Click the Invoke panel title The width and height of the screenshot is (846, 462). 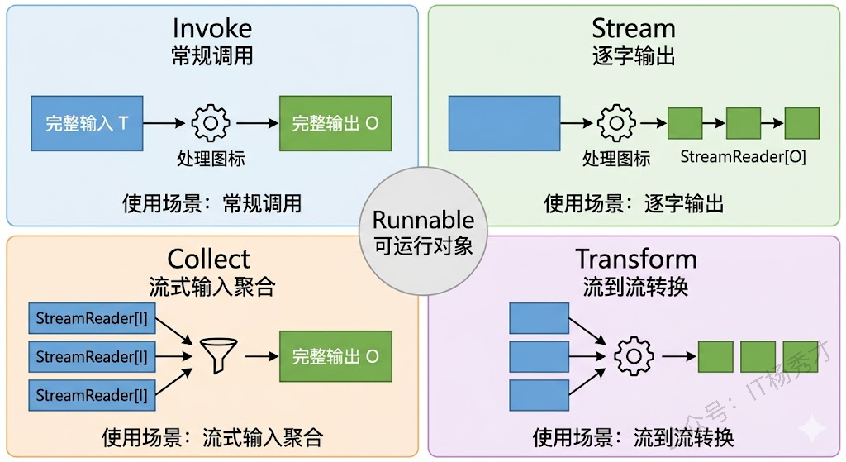click(211, 28)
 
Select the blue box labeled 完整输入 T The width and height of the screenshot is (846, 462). click(87, 123)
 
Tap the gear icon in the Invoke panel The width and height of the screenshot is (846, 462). click(211, 123)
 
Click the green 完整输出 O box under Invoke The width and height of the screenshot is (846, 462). click(335, 123)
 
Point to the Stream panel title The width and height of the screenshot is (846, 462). click(634, 28)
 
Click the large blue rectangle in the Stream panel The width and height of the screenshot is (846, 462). click(504, 123)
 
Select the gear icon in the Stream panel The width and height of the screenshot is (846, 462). click(616, 123)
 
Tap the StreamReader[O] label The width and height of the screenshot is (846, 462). click(743, 156)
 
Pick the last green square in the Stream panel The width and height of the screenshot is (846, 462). click(801, 123)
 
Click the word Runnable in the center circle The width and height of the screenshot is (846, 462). click(423, 221)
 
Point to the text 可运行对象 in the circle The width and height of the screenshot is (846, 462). click(423, 245)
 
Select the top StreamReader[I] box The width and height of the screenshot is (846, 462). click(91, 318)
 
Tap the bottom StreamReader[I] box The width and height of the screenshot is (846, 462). click(91, 395)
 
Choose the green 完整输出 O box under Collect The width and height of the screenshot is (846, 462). click(335, 356)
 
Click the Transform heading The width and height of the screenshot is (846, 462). click(636, 259)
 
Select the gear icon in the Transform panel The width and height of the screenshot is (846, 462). click(634, 356)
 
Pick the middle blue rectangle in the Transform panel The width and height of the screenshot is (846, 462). click(539, 356)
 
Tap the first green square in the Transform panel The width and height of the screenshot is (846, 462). click(715, 356)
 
